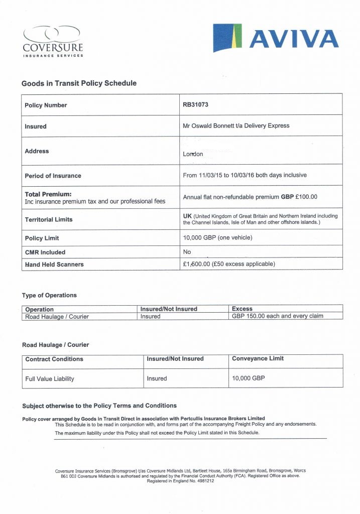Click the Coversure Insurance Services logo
53,41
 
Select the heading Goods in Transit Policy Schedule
79,83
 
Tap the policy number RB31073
196,105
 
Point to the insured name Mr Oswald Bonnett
210,126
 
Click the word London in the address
193,154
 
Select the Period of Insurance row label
53,176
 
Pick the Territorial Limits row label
49,219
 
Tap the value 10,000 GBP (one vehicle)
217,238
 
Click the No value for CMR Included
187,252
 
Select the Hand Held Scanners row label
54,264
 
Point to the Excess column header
242,309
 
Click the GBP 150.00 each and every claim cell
277,316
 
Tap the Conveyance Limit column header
258,358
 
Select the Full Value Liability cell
50,378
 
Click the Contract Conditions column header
54,359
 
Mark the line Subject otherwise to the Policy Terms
99,406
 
